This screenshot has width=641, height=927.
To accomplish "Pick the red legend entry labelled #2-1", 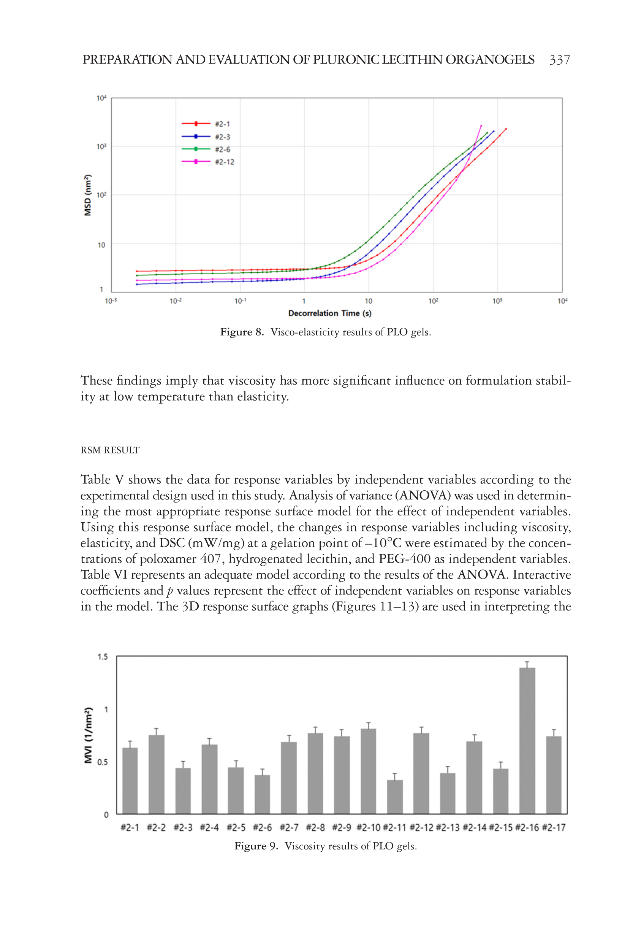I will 206,124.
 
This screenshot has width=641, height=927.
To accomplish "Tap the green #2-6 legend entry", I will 206,149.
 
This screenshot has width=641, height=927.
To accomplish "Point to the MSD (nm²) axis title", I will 87,196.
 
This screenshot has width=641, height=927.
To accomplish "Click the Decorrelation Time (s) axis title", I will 329,313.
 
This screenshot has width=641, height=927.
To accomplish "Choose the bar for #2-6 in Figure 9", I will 262,794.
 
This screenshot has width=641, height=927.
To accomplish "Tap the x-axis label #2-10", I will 368,827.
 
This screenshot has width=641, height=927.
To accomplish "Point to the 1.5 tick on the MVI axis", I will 103,657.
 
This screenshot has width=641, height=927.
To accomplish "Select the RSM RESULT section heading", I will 110,450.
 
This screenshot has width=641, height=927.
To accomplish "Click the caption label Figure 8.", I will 242,332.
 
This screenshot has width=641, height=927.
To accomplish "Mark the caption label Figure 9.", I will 256,846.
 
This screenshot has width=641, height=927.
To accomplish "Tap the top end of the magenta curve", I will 481,126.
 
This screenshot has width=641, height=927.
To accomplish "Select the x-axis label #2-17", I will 554,827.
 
